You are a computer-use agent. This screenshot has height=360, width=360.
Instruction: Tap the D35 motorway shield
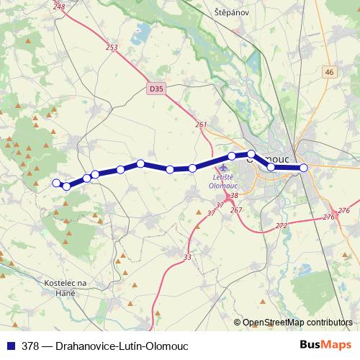click(x=156, y=89)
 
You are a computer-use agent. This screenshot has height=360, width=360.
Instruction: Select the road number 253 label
click(x=111, y=48)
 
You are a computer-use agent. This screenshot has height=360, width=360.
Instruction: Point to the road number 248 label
click(x=59, y=6)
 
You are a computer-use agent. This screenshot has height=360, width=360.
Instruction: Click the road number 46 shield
click(x=330, y=72)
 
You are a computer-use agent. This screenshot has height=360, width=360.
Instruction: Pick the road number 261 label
click(x=201, y=125)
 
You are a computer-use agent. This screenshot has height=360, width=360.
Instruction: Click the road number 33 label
click(x=187, y=258)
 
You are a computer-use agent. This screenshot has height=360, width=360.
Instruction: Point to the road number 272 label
click(x=281, y=226)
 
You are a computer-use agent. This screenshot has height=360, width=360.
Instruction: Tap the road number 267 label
click(x=236, y=210)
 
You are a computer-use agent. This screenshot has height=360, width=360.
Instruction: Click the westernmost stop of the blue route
click(x=56, y=182)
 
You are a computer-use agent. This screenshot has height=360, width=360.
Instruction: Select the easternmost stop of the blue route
click(x=304, y=168)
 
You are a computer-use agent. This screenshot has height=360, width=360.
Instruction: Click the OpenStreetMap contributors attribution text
click(x=298, y=323)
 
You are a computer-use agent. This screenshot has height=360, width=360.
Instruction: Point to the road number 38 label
click(x=233, y=195)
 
